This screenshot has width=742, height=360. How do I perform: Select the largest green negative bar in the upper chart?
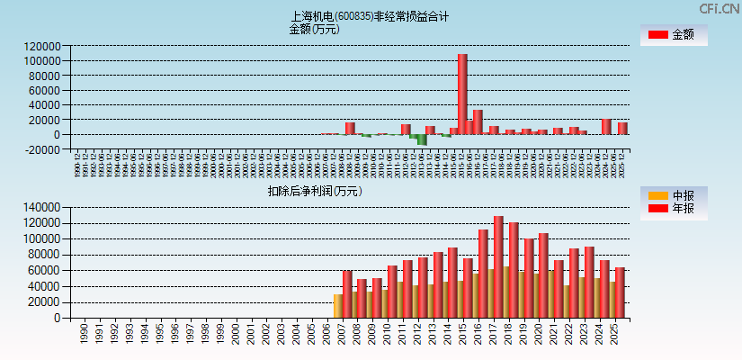[422, 139]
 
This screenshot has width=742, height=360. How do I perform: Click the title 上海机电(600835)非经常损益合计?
[370, 16]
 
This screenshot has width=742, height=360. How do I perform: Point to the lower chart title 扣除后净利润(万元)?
[314, 191]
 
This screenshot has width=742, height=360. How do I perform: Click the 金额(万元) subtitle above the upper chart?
[314, 29]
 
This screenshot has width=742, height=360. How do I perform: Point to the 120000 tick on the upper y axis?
[43, 46]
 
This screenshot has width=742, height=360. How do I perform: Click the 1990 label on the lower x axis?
[84, 334]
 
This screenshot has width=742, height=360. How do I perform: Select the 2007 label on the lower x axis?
[343, 334]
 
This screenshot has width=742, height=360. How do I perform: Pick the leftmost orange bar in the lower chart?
[337, 306]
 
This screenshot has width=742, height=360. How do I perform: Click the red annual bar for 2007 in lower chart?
[347, 294]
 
